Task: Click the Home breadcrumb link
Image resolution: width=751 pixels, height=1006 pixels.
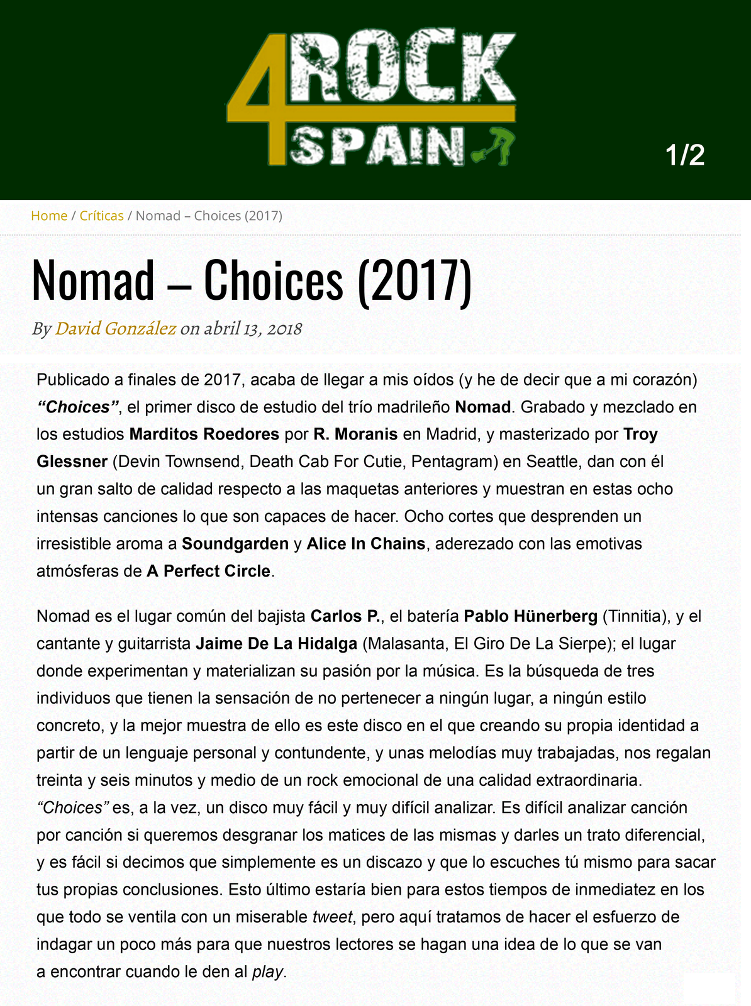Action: (49, 216)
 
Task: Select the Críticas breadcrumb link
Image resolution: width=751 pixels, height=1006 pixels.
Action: (101, 216)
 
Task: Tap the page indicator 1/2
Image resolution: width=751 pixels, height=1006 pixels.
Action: (685, 155)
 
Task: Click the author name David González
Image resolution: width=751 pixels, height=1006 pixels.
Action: (115, 328)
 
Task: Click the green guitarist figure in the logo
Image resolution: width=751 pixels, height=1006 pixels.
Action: (497, 145)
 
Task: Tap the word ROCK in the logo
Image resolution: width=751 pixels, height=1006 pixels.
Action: (403, 66)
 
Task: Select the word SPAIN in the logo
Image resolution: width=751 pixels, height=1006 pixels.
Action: (377, 146)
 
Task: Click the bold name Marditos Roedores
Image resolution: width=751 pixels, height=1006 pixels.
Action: (204, 434)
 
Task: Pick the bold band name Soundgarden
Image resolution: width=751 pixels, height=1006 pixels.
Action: (235, 544)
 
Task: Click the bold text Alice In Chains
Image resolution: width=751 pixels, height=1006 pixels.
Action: (366, 544)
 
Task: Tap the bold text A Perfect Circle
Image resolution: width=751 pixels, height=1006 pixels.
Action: (208, 571)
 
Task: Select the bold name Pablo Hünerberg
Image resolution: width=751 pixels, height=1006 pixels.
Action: (530, 616)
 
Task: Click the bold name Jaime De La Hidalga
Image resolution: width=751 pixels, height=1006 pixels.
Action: (277, 644)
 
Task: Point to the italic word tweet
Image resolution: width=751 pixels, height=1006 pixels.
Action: (333, 917)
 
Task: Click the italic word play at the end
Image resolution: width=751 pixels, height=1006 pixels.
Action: (268, 972)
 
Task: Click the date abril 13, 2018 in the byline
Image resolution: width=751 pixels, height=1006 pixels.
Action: (253, 328)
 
